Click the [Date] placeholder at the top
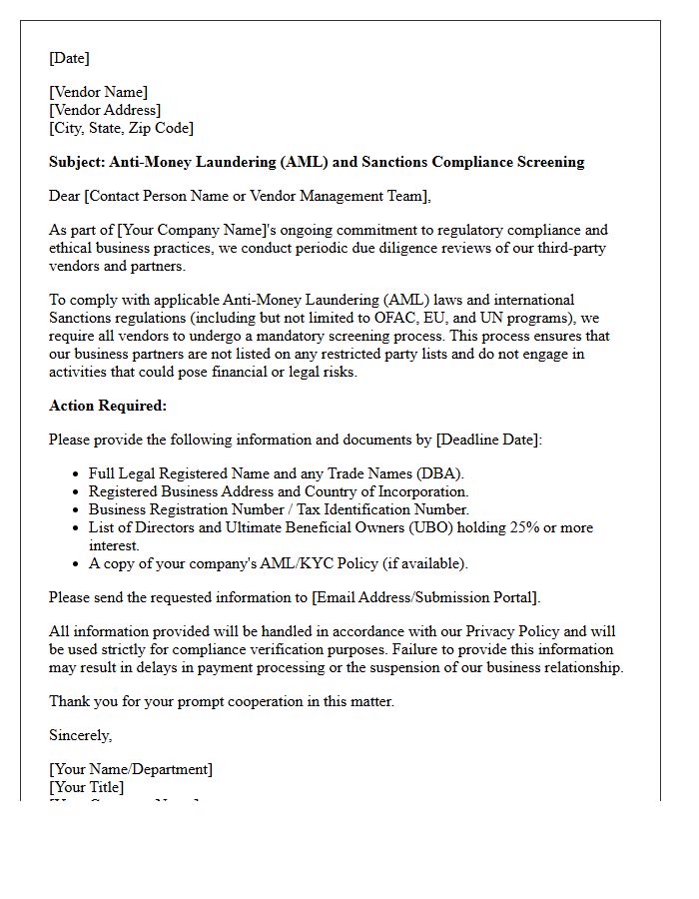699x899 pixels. coord(69,58)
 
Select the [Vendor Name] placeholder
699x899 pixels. coord(98,92)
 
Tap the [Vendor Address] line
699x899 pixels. coord(105,110)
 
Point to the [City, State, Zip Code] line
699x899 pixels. coord(121,128)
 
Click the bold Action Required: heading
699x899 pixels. coord(108,406)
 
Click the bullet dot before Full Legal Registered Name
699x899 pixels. coord(77,474)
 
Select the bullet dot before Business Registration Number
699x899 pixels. coord(77,510)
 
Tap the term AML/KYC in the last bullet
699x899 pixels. coord(277,563)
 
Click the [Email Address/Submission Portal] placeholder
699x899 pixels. coord(425,597)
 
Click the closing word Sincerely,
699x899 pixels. coord(81,735)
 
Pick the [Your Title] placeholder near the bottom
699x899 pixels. coord(87,787)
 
